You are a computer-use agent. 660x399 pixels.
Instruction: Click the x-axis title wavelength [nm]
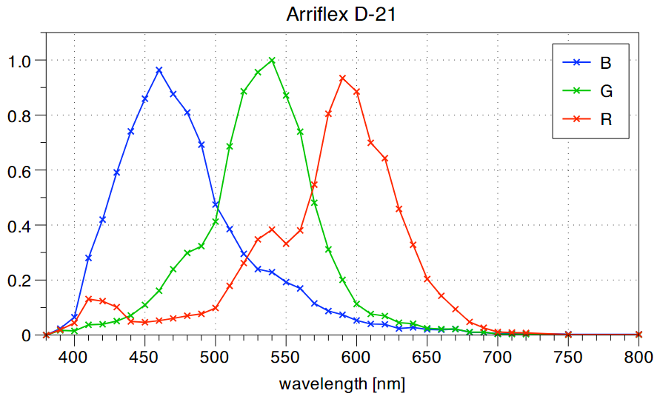[342, 384]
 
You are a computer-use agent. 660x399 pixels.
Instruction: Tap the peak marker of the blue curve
[159, 70]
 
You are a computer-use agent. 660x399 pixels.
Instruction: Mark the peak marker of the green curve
[272, 60]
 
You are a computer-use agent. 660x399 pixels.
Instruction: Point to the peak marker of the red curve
[342, 78]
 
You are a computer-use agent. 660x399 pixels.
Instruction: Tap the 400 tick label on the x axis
[74, 355]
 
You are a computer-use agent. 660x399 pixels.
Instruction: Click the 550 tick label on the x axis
[286, 355]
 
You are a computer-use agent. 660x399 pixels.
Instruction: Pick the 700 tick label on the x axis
[498, 355]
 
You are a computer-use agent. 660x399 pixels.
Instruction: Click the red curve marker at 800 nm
[639, 335]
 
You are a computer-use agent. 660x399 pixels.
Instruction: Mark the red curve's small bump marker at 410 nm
[88, 299]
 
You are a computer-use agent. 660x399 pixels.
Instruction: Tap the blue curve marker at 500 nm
[216, 204]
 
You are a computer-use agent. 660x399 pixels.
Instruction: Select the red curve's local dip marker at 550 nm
[286, 244]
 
